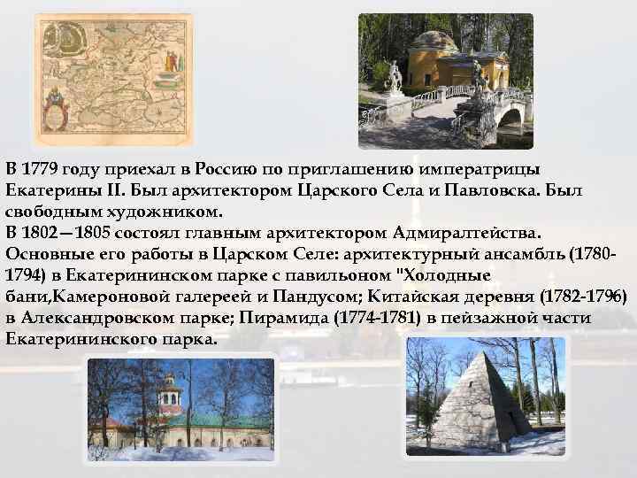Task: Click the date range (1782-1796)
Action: click(x=573, y=296)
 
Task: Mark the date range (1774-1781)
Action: click(x=373, y=317)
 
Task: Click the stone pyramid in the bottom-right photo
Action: click(x=481, y=399)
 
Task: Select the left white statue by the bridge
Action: click(x=394, y=75)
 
